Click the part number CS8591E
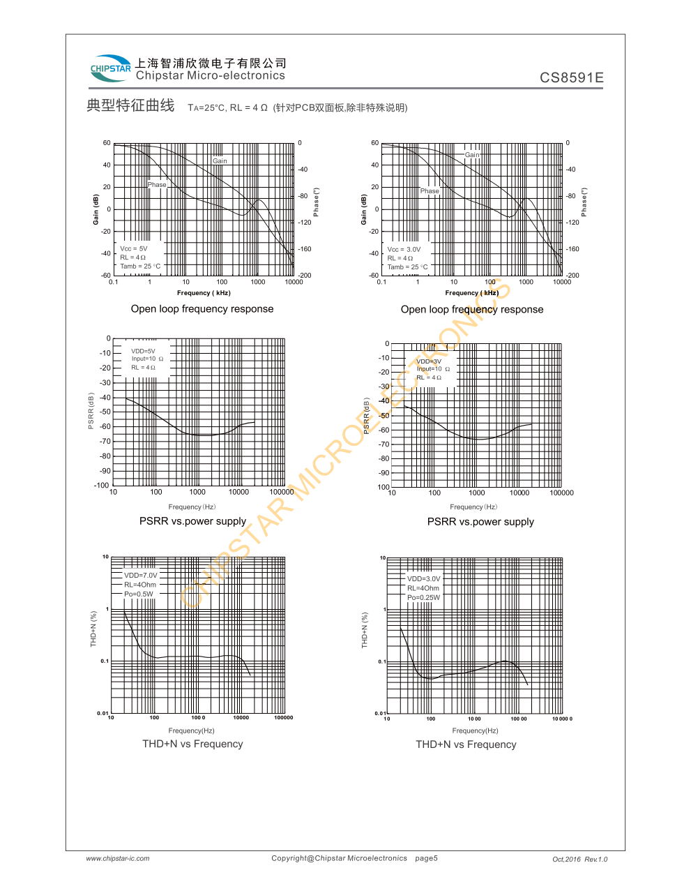[571, 77]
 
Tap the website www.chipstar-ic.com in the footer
[118, 858]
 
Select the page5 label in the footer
[426, 858]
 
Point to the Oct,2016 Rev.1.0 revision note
[579, 859]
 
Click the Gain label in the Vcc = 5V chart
[220, 160]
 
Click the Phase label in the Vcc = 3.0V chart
[430, 190]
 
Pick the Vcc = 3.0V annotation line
[404, 249]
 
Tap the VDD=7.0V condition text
[140, 576]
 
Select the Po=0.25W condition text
[423, 597]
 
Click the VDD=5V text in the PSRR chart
[143, 351]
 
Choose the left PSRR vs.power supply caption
[192, 521]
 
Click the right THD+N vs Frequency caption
[466, 744]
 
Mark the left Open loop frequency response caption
[202, 309]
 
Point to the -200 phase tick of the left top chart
[305, 276]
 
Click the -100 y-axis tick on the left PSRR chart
[102, 486]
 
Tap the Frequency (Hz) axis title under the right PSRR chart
[473, 507]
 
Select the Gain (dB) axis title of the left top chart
[96, 209]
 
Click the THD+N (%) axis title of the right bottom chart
[364, 631]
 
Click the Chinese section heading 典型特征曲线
[130, 105]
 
